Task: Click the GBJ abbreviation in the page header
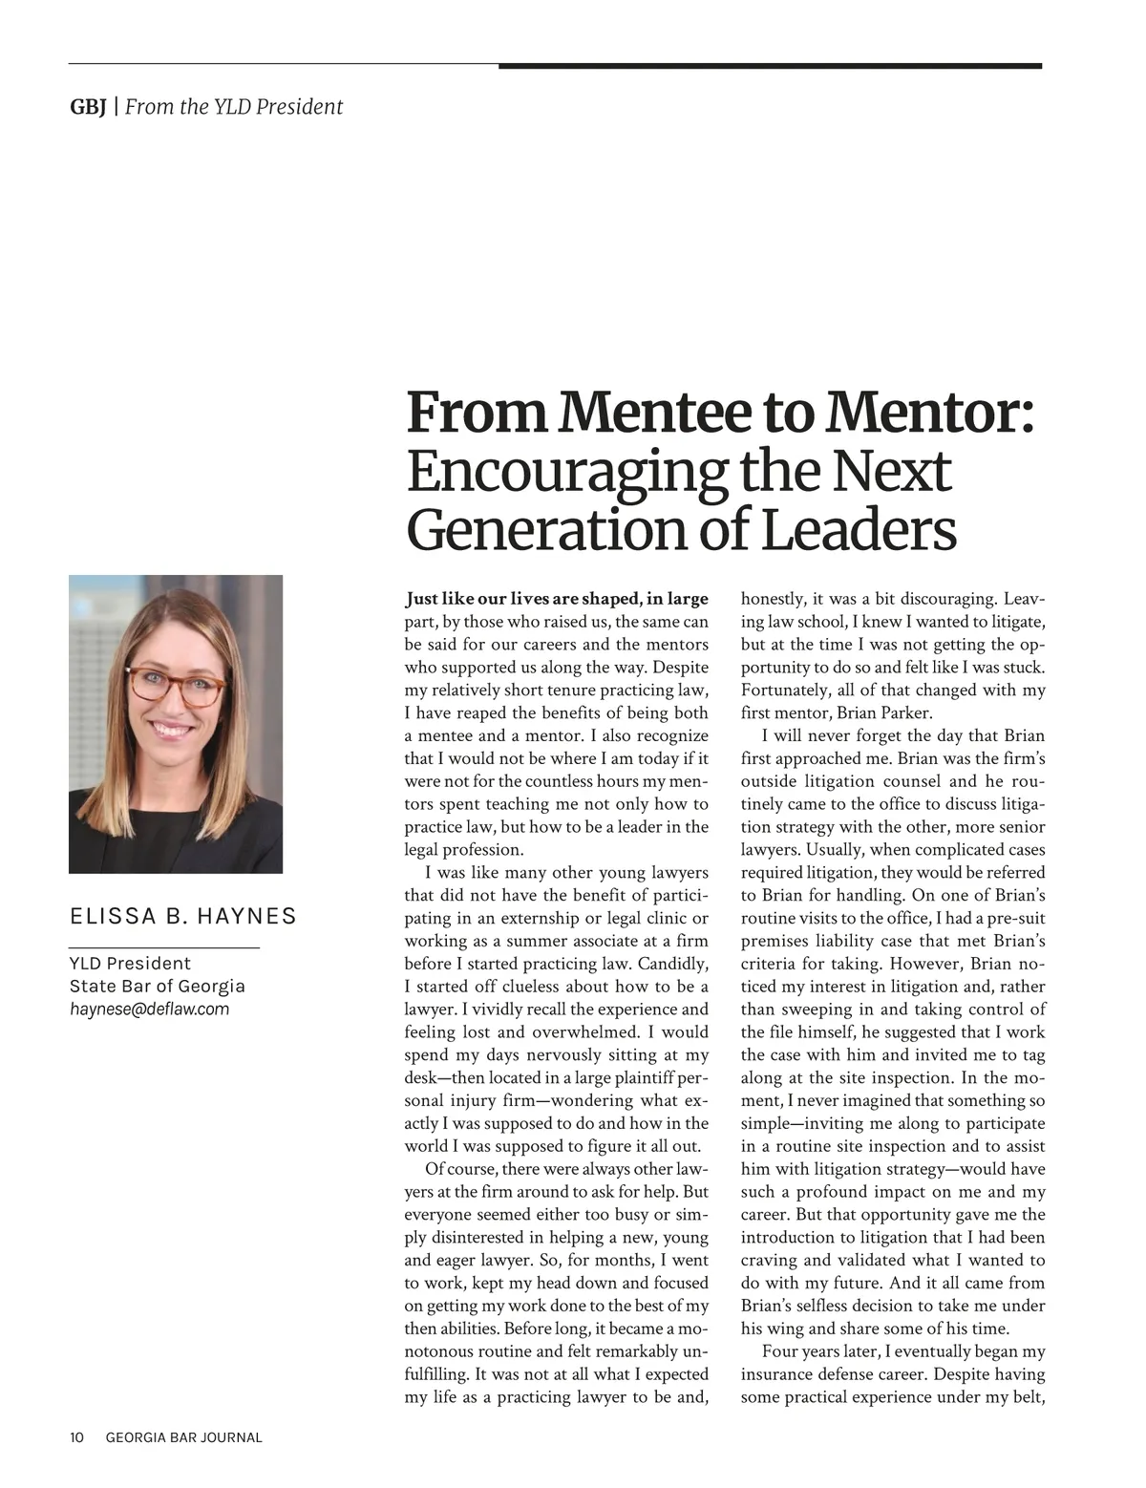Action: [87, 107]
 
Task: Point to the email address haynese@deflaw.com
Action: [149, 1010]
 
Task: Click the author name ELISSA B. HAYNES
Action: [182, 917]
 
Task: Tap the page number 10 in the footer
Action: [76, 1437]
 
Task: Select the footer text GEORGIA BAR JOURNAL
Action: [183, 1437]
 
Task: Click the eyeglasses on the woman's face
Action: [174, 683]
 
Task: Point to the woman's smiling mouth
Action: [173, 729]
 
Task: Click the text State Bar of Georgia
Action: [157, 987]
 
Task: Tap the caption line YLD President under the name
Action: [130, 964]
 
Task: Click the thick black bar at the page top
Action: [769, 66]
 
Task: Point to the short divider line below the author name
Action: [164, 946]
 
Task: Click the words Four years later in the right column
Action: [820, 1352]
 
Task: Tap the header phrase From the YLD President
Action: [233, 107]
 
